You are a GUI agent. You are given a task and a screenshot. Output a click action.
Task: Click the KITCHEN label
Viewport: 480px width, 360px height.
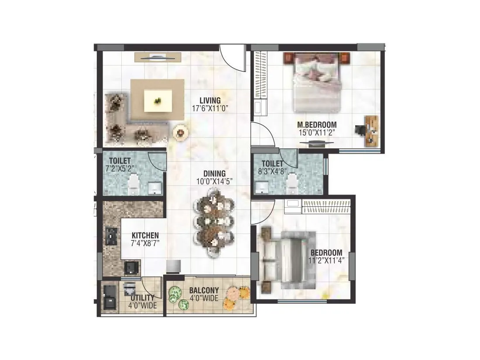(145, 235)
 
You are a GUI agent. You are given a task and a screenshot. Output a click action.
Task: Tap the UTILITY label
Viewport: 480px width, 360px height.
(142, 298)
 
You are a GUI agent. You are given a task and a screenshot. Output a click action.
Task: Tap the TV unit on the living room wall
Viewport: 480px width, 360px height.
(157, 57)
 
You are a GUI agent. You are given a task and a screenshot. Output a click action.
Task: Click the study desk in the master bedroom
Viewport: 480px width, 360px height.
(370, 130)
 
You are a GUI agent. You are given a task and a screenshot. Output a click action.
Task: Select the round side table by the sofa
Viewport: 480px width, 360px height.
(180, 132)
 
